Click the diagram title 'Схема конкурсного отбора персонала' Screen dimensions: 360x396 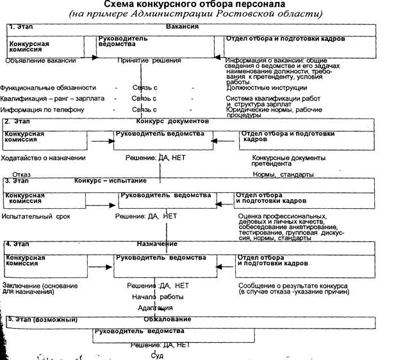coord(200,6)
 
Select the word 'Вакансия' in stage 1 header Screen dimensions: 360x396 coord(183,28)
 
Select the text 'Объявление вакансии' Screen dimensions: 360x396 coord(41,61)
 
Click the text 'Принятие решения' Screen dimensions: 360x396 coord(149,61)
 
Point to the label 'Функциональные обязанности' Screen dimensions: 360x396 coord(49,88)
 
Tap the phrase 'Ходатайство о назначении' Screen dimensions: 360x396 coord(44,158)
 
